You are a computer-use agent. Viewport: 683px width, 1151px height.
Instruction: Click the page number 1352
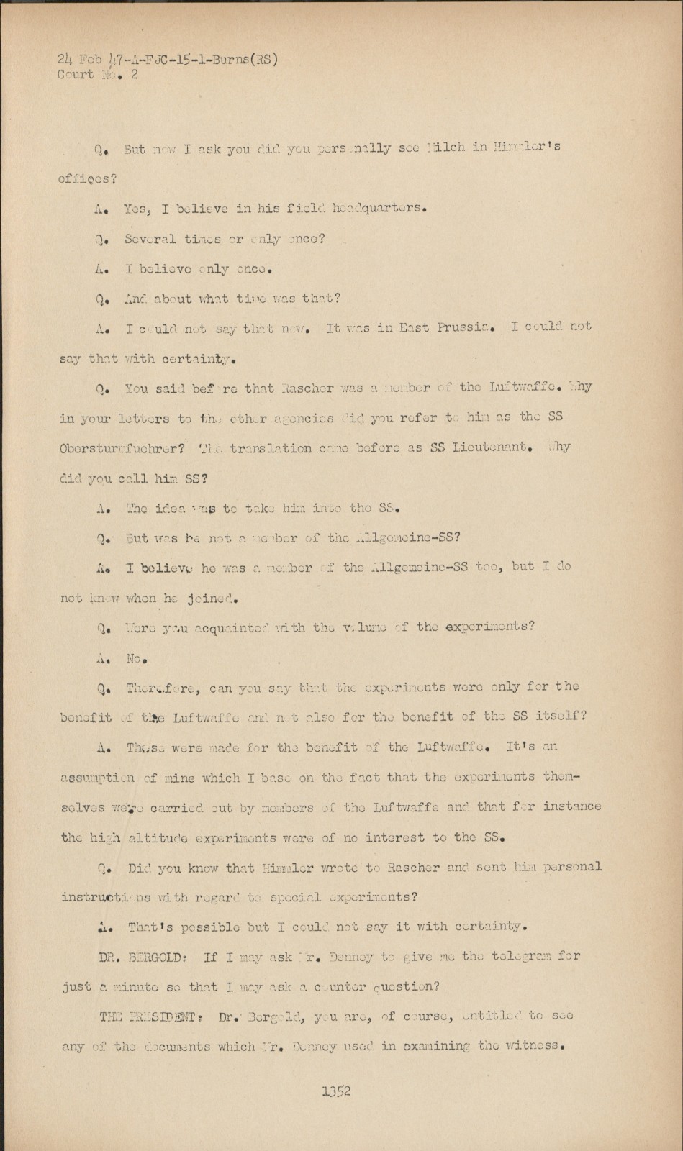[x=336, y=1091]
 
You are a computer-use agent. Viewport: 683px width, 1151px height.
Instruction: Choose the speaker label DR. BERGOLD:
[x=146, y=957]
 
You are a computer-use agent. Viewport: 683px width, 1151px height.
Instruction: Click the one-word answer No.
[x=137, y=658]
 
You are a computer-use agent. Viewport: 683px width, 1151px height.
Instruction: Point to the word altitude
[x=160, y=837]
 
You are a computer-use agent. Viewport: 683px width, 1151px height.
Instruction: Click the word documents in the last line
[x=150, y=1047]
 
